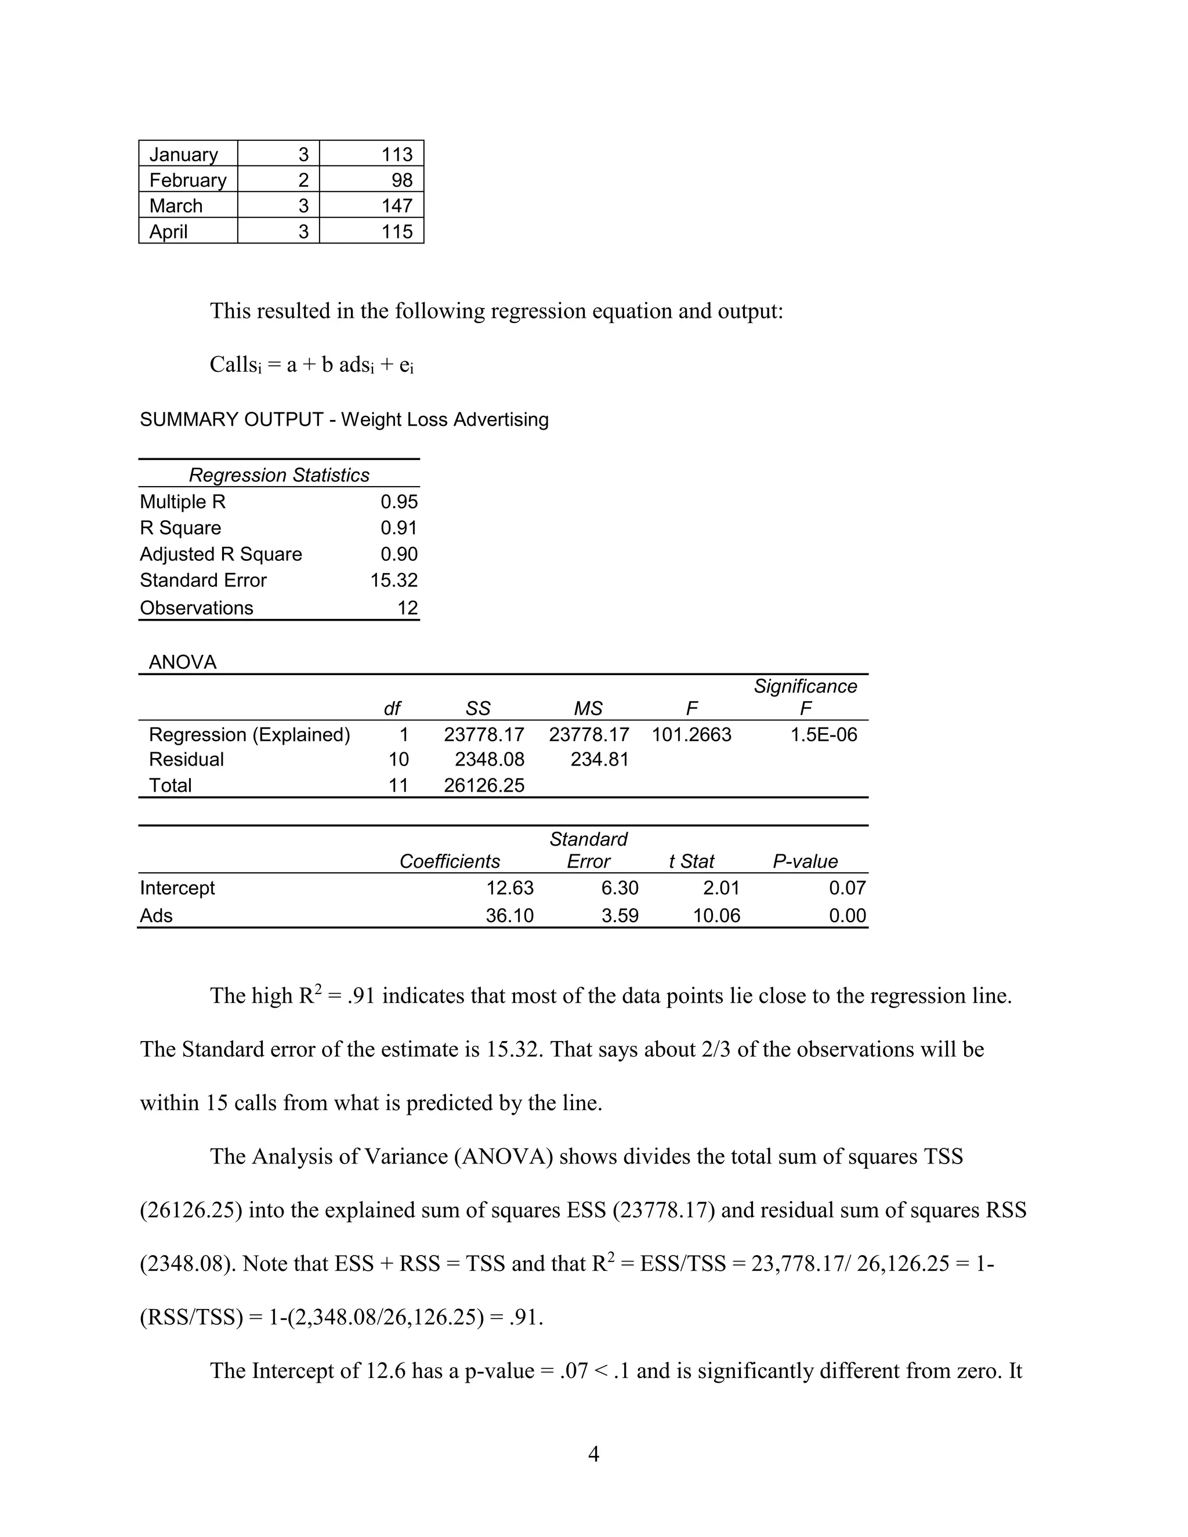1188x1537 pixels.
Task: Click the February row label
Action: click(x=187, y=180)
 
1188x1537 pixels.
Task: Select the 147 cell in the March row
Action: click(x=397, y=205)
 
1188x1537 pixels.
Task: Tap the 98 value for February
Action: click(x=402, y=180)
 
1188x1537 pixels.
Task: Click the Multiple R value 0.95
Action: click(x=399, y=502)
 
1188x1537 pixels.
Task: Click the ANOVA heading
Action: click(x=182, y=662)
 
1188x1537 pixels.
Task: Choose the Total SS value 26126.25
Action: click(x=484, y=785)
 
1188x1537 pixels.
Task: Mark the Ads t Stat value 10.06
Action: click(x=716, y=916)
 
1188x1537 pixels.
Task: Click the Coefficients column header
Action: click(x=450, y=861)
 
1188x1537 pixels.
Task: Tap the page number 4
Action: click(x=593, y=1454)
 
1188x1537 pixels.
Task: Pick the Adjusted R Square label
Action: click(x=220, y=554)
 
